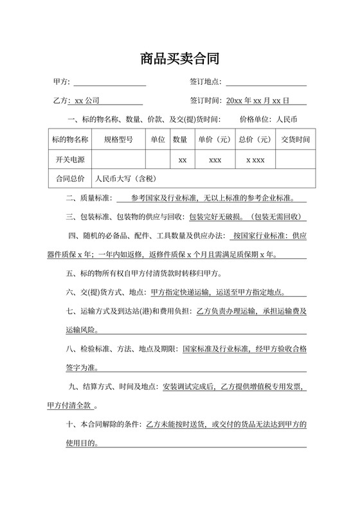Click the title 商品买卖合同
tap(180, 60)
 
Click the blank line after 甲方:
tap(110, 82)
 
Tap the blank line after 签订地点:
tap(265, 82)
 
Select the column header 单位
tap(157, 139)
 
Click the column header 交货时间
tap(295, 139)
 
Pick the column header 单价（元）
tap(215, 139)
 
